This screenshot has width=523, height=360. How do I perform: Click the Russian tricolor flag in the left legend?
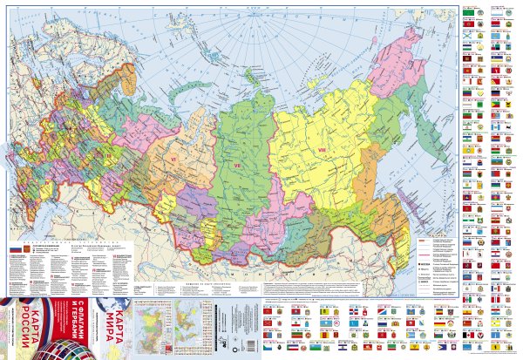[15, 251]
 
